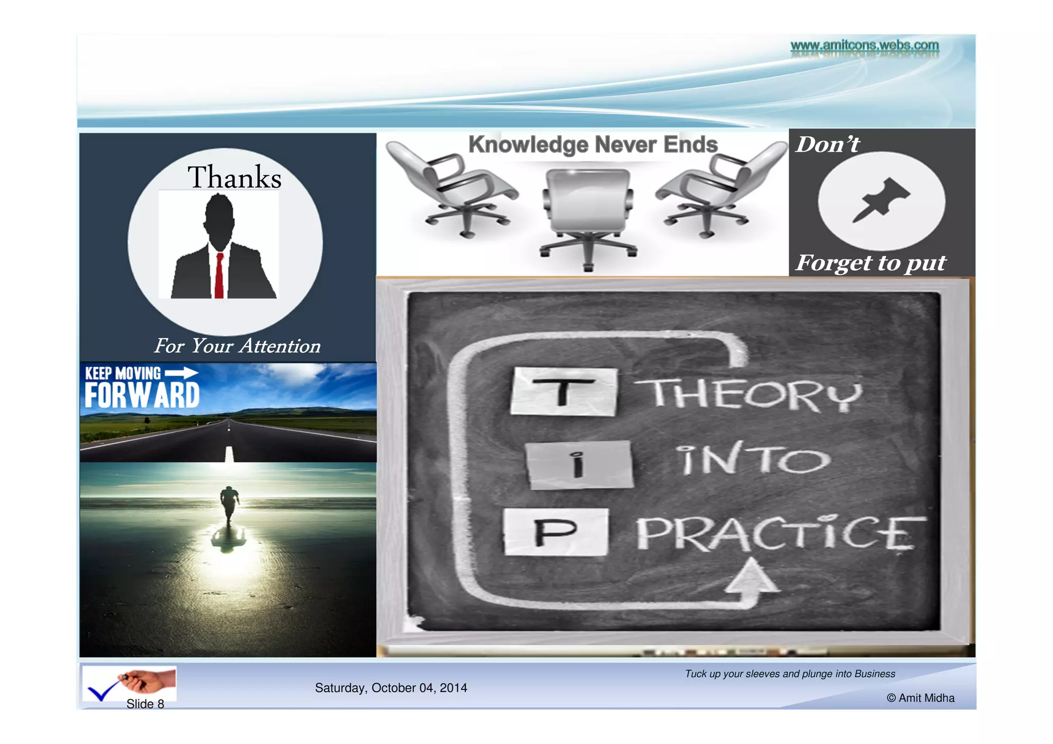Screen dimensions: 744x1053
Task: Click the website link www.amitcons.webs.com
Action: (864, 45)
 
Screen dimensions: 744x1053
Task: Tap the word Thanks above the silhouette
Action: (234, 177)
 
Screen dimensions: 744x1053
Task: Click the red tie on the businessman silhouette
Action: (220, 275)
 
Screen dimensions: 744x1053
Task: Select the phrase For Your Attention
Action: (237, 346)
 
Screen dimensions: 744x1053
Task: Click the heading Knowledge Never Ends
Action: (593, 144)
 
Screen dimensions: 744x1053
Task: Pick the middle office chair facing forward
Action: (589, 216)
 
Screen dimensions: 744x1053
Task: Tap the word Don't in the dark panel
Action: (827, 144)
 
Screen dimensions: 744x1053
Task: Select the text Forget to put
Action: (870, 263)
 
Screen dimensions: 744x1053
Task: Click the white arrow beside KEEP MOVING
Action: (181, 373)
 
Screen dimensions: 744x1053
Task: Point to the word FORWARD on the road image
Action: (142, 395)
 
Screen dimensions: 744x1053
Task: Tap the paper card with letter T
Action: (564, 392)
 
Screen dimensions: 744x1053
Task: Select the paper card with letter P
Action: (555, 532)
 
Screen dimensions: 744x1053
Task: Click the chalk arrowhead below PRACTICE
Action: (752, 576)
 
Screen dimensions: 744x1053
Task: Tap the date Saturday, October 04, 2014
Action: (391, 688)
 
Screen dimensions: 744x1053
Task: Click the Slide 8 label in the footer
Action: (145, 704)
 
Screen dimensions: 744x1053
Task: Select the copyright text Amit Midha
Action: (920, 698)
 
